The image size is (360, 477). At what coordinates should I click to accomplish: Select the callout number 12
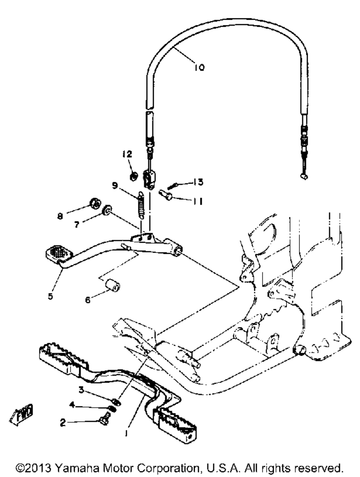pos(127,154)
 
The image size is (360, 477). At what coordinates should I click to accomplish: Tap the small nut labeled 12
pos(133,176)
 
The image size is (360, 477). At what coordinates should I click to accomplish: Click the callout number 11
pos(197,201)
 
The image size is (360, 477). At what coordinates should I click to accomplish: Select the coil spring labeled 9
pos(141,206)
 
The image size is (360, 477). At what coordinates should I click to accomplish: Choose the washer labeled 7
pos(107,211)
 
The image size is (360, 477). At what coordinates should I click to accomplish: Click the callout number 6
pos(87,299)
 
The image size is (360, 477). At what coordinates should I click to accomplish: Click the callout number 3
pos(81,390)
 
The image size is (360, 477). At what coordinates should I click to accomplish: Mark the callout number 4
pos(72,405)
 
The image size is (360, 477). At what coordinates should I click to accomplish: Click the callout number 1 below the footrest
pos(126,434)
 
